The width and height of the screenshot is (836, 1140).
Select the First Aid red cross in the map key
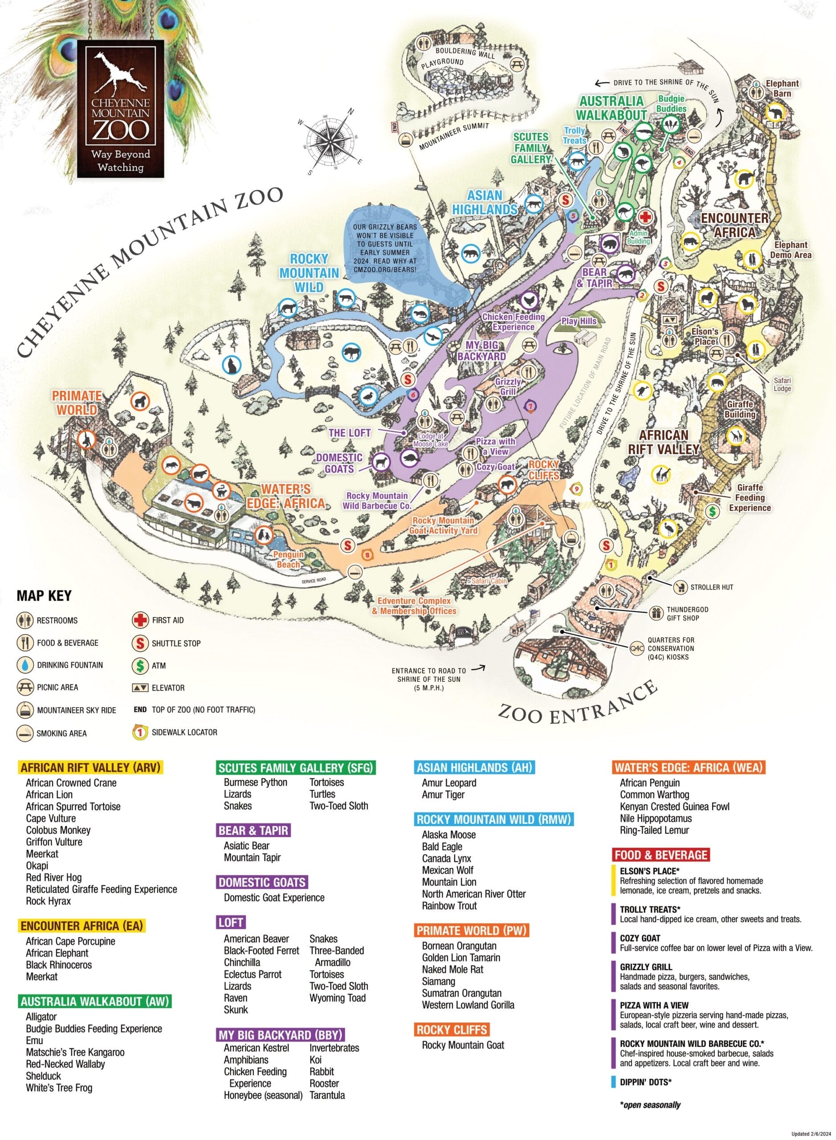pos(140,620)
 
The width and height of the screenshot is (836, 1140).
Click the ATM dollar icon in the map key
pos(140,665)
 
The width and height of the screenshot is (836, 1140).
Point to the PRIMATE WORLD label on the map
pos(77,402)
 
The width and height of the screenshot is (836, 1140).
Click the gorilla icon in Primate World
pos(140,401)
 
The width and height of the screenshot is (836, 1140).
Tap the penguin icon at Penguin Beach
pos(264,534)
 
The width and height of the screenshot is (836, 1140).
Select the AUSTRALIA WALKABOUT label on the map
pos(612,108)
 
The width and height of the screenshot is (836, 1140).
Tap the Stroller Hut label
pos(711,587)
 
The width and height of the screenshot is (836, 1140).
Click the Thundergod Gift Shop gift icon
pos(657,613)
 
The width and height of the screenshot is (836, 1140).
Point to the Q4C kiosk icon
pos(636,648)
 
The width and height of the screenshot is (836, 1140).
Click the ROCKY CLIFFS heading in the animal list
pos(452,1029)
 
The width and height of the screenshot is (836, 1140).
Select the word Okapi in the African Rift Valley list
pos(37,865)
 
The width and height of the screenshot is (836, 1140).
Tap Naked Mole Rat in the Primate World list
pos(453,969)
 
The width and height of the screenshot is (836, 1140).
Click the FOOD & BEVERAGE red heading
pos(660,855)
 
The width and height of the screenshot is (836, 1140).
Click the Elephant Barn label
pos(782,88)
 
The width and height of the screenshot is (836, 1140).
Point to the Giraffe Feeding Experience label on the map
pos(750,497)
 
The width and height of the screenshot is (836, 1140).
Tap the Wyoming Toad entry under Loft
pos(338,998)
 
